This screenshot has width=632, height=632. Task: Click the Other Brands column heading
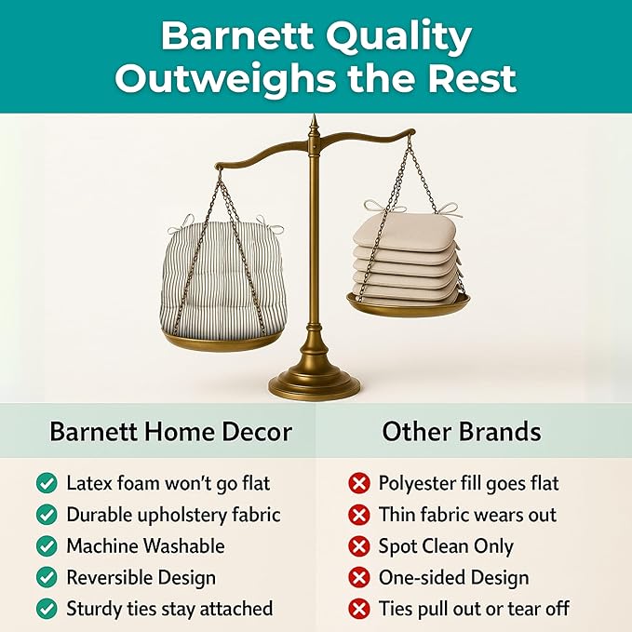click(x=462, y=432)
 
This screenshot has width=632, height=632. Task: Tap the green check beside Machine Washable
click(x=46, y=546)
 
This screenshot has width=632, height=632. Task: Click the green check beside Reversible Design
click(x=46, y=578)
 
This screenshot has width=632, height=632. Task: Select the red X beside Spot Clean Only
click(x=358, y=547)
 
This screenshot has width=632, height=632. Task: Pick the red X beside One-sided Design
click(x=358, y=579)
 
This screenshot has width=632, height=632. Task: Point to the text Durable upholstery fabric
click(x=173, y=515)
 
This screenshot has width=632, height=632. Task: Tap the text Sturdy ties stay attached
click(x=169, y=610)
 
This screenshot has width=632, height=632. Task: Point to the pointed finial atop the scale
click(x=315, y=127)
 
